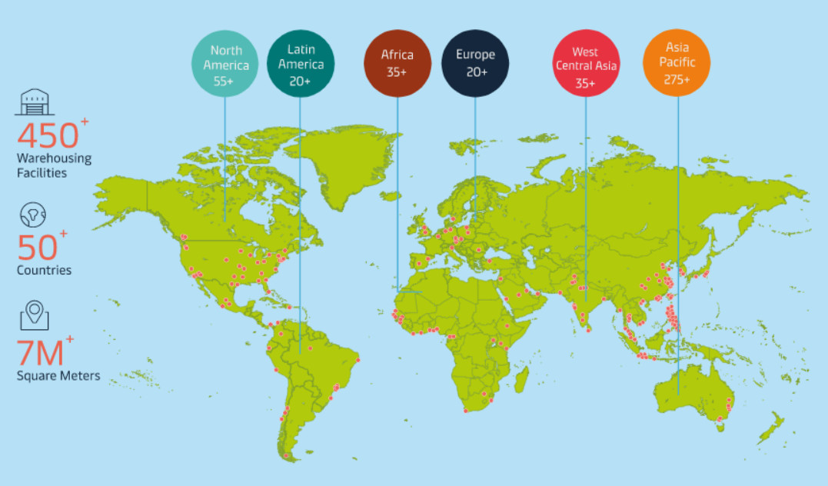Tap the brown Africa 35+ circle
pyautogui.click(x=397, y=64)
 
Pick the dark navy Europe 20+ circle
pyautogui.click(x=476, y=64)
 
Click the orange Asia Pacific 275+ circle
pyautogui.click(x=677, y=63)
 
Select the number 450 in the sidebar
pyautogui.click(x=48, y=136)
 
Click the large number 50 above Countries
pyautogui.click(x=37, y=248)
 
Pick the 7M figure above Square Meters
pyautogui.click(x=40, y=355)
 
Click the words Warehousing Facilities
pyautogui.click(x=54, y=165)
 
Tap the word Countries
pyautogui.click(x=44, y=270)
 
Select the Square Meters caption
pyautogui.click(x=58, y=376)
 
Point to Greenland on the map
pyautogui.click(x=350, y=165)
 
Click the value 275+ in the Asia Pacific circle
pyautogui.click(x=677, y=79)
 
